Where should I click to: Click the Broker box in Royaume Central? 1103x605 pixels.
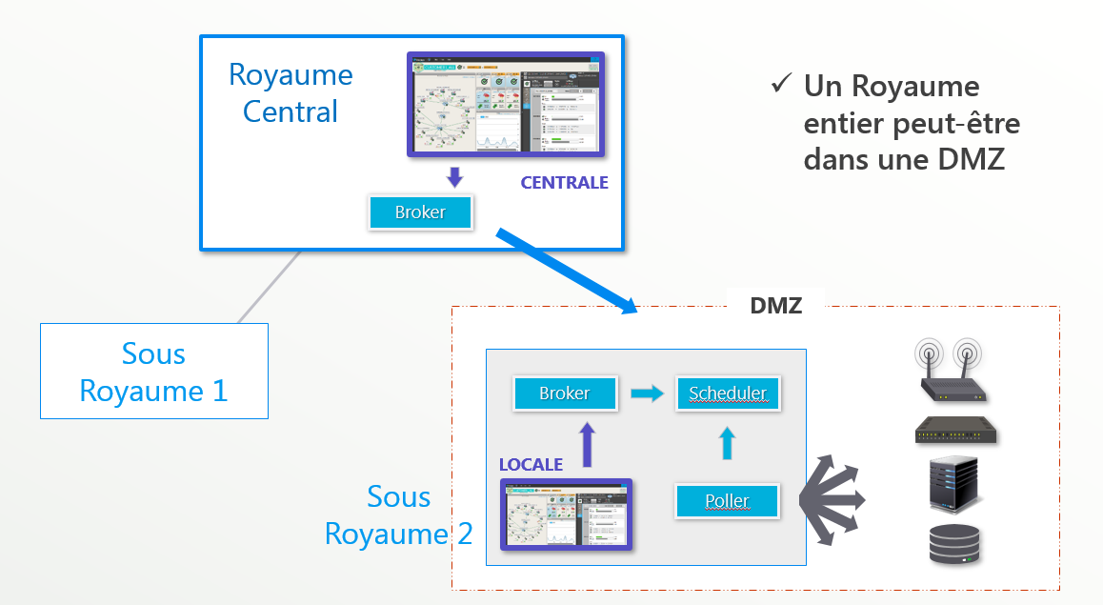click(420, 212)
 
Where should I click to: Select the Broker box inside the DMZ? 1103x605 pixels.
click(565, 393)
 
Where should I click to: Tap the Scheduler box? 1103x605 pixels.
click(728, 393)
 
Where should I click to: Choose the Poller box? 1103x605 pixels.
click(727, 500)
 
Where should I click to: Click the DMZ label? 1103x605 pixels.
click(775, 306)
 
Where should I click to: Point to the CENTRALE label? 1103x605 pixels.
click(564, 183)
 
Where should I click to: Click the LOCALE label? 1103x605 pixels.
click(531, 465)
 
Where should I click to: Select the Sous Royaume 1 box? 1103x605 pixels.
click(153, 372)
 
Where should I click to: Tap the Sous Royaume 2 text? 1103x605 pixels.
click(398, 515)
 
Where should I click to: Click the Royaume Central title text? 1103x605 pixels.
click(291, 93)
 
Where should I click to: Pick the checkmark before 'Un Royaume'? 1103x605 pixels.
click(781, 85)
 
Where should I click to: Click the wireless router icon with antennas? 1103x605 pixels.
click(949, 372)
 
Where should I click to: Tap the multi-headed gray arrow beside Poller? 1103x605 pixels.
click(833, 499)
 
